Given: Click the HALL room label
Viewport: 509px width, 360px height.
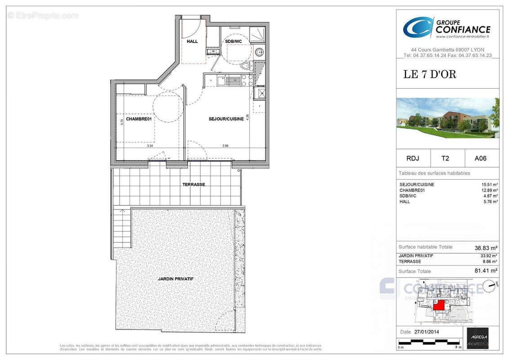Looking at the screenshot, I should [192, 41].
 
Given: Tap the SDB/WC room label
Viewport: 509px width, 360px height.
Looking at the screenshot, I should [233, 41].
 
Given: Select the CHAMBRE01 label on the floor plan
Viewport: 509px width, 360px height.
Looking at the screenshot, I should [138, 119].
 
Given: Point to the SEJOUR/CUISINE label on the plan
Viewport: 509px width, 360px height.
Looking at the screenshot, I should [226, 119].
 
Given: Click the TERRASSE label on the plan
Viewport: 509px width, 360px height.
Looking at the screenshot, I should [193, 184].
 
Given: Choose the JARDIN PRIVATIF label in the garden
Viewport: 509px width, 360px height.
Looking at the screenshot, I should [175, 279].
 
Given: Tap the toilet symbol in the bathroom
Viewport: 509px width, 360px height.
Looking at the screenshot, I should [246, 67].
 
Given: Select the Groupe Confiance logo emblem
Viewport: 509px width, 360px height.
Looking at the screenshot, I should [417, 27].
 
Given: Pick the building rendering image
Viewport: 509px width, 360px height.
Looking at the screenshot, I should [447, 118].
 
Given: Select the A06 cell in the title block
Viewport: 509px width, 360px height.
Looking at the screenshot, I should [480, 158].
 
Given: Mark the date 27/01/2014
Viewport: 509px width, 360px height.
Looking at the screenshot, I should [426, 332].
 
